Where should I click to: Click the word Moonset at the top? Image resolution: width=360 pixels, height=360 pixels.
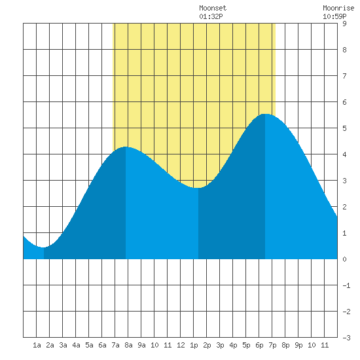coord(213,8)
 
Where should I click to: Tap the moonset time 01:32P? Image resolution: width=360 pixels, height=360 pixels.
coord(211,16)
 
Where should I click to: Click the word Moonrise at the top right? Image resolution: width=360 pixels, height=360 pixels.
coord(338,8)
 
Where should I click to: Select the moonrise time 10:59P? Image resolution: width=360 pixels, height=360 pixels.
coord(334,16)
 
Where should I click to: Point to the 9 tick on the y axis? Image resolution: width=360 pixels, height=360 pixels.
coord(344,24)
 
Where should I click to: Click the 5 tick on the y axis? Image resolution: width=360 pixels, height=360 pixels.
coord(344,128)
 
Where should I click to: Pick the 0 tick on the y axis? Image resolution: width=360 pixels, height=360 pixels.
coord(344,259)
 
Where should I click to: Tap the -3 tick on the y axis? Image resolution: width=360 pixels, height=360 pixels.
coord(346,338)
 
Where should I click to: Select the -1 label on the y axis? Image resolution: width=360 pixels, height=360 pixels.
coord(346,285)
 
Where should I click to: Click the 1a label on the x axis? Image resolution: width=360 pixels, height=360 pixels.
coord(37,345)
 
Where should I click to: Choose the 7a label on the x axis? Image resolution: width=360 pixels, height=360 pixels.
coord(115,345)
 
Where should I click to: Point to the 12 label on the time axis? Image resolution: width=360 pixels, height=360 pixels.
coord(181,345)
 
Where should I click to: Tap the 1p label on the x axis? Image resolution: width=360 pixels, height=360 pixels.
coord(194,345)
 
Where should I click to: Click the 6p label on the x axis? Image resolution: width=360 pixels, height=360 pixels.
coord(259,345)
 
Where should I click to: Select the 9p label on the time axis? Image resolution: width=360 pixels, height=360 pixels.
coord(298,345)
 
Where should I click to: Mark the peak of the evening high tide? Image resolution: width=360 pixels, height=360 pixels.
coord(265,114)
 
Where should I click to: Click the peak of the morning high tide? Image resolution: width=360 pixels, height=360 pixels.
coord(126,147)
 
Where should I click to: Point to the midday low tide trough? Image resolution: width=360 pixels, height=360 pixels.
coord(198,188)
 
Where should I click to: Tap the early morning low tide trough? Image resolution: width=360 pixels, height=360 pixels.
coord(44,247)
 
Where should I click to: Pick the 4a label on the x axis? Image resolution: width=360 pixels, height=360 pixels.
coord(76,345)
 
